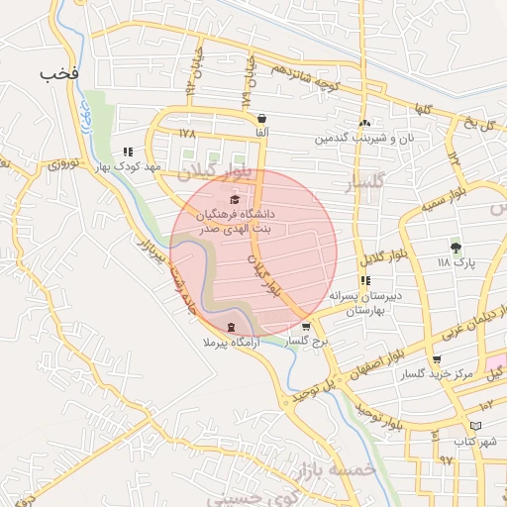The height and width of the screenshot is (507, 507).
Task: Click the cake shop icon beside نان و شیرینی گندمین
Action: coord(365,123)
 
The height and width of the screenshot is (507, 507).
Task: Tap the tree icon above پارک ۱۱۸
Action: coord(456,247)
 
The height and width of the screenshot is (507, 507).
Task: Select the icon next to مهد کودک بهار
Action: coord(128,152)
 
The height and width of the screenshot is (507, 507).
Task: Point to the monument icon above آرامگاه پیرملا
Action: coord(231,327)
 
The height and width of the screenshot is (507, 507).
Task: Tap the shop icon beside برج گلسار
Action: coord(306,326)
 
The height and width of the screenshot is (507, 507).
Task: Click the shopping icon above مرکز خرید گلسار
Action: coord(437,359)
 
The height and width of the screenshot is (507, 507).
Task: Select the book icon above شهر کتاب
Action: coord(476,425)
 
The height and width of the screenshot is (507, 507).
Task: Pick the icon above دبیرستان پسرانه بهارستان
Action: coord(365,280)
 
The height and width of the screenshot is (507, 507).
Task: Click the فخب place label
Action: coord(58,74)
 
